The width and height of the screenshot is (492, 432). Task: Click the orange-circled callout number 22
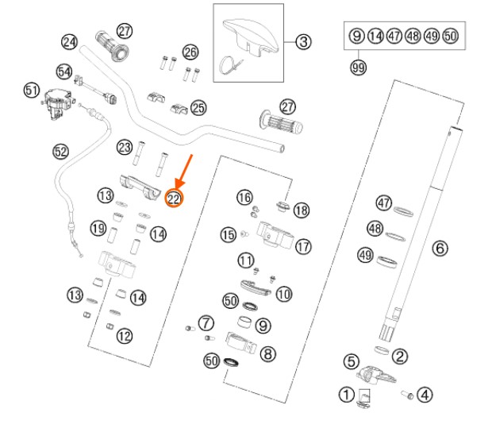174,199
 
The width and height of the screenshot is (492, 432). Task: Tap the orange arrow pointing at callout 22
184,172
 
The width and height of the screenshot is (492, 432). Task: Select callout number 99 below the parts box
359,67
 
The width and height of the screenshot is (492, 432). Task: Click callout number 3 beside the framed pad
303,42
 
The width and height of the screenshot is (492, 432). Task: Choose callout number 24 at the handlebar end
69,42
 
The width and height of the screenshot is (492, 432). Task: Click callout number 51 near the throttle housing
32,91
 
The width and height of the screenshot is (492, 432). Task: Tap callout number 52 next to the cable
60,152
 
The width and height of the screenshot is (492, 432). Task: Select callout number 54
64,71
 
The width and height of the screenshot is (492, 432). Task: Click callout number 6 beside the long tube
440,249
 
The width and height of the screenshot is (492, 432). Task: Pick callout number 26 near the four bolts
190,52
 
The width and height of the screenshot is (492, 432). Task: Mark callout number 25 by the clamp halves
198,108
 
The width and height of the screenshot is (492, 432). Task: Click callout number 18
302,210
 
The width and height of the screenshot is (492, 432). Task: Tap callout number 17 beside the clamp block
303,247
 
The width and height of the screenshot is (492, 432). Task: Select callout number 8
268,354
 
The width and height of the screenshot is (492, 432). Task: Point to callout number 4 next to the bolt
425,395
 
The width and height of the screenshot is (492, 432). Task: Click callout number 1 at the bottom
347,395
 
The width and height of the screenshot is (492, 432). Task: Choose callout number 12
125,336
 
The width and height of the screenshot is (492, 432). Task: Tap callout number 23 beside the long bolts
125,147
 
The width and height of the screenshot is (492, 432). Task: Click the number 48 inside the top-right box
413,36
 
